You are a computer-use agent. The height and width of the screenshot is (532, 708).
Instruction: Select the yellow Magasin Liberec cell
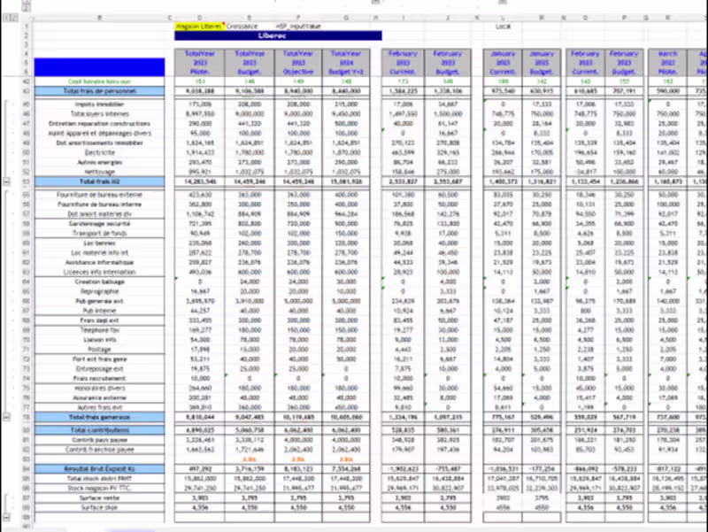point(200,27)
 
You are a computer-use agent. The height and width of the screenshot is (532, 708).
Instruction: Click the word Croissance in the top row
point(242,27)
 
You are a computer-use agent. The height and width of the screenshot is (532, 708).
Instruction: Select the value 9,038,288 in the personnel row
point(200,91)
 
